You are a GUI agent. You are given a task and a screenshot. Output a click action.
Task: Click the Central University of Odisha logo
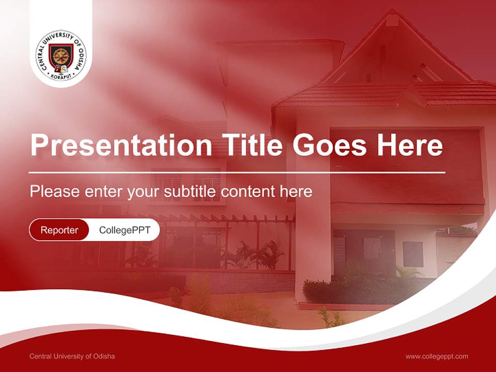(x=61, y=55)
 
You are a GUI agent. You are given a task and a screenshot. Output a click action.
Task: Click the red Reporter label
(x=59, y=230)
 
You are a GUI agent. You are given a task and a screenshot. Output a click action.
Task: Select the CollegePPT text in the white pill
(x=125, y=230)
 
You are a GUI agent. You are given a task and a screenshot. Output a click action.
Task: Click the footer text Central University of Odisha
(x=72, y=356)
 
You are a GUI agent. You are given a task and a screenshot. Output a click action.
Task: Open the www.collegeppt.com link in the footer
(x=437, y=356)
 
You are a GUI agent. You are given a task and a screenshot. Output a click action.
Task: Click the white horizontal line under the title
(x=237, y=172)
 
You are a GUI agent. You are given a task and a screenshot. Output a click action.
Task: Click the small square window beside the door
(x=413, y=254)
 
